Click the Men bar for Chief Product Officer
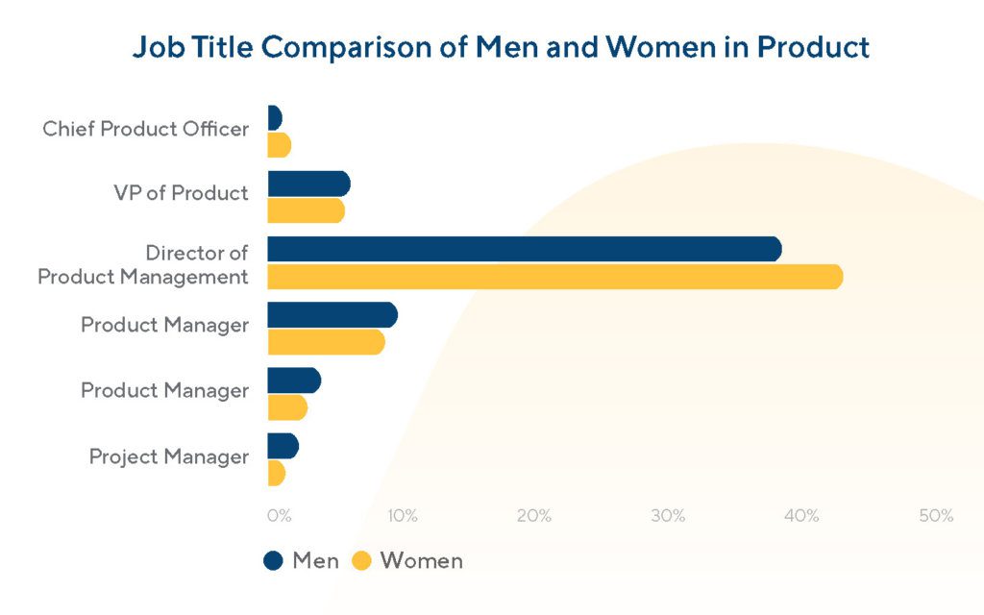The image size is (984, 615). (274, 118)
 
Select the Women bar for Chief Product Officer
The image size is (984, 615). (279, 145)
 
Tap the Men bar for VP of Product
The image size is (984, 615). (308, 184)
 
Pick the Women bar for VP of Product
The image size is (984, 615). (306, 210)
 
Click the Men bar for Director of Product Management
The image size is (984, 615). (524, 249)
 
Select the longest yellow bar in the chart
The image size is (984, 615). (554, 277)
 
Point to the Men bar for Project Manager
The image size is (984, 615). (283, 446)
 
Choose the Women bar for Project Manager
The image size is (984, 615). (276, 473)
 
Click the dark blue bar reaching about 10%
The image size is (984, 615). (332, 315)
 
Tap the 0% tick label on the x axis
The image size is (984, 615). (279, 516)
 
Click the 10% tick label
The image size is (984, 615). (402, 516)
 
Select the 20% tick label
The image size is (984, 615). (534, 516)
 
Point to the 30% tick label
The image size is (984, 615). (668, 516)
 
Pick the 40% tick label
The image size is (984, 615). (801, 516)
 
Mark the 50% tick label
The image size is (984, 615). (935, 516)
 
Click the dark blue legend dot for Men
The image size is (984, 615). (274, 561)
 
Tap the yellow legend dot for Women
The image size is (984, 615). (361, 561)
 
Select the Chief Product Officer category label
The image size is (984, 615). (145, 129)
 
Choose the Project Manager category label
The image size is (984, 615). (168, 456)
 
